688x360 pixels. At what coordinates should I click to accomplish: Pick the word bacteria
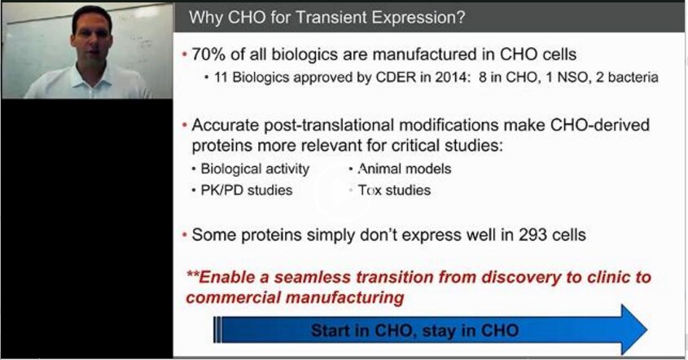pos(633,77)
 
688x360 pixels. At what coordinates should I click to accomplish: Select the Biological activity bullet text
pos(255,169)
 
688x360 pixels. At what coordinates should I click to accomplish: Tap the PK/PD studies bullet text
pos(247,191)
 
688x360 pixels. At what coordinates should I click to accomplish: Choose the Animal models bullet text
pos(405,169)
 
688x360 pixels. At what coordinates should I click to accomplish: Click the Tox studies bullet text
pos(394,191)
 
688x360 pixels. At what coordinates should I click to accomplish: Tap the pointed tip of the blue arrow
pos(646,330)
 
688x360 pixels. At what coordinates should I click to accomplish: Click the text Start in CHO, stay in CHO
pos(415,331)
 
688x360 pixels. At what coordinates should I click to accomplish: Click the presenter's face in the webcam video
pos(91,41)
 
